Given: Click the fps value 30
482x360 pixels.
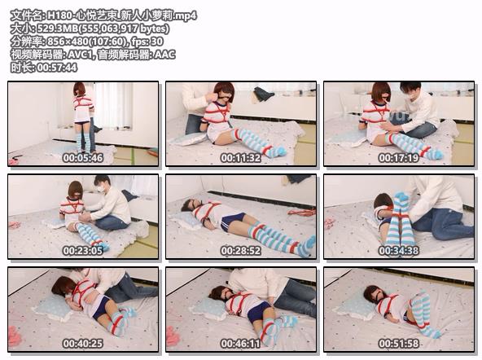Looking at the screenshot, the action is tap(157, 42).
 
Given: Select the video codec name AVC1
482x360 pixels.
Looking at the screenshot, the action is tap(81, 55).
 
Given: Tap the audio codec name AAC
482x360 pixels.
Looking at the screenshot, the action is tap(164, 55).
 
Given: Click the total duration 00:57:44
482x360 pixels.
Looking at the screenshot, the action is tap(57, 68).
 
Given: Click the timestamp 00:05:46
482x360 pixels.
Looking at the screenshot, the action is tap(83, 158).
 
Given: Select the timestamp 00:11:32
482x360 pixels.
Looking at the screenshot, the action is tap(241, 158).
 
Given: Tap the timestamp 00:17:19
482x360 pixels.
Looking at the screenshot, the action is tap(399, 158).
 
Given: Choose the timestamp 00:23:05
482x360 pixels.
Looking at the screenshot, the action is tap(83, 251).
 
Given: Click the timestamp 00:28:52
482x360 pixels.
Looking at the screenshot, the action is tap(241, 251).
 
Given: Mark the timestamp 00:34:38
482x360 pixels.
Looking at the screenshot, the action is tap(399, 251).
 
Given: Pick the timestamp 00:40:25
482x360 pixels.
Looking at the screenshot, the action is tap(83, 344).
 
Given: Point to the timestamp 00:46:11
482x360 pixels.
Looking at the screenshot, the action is tap(241, 344).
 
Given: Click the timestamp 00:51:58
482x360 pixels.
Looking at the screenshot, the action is tap(399, 344).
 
